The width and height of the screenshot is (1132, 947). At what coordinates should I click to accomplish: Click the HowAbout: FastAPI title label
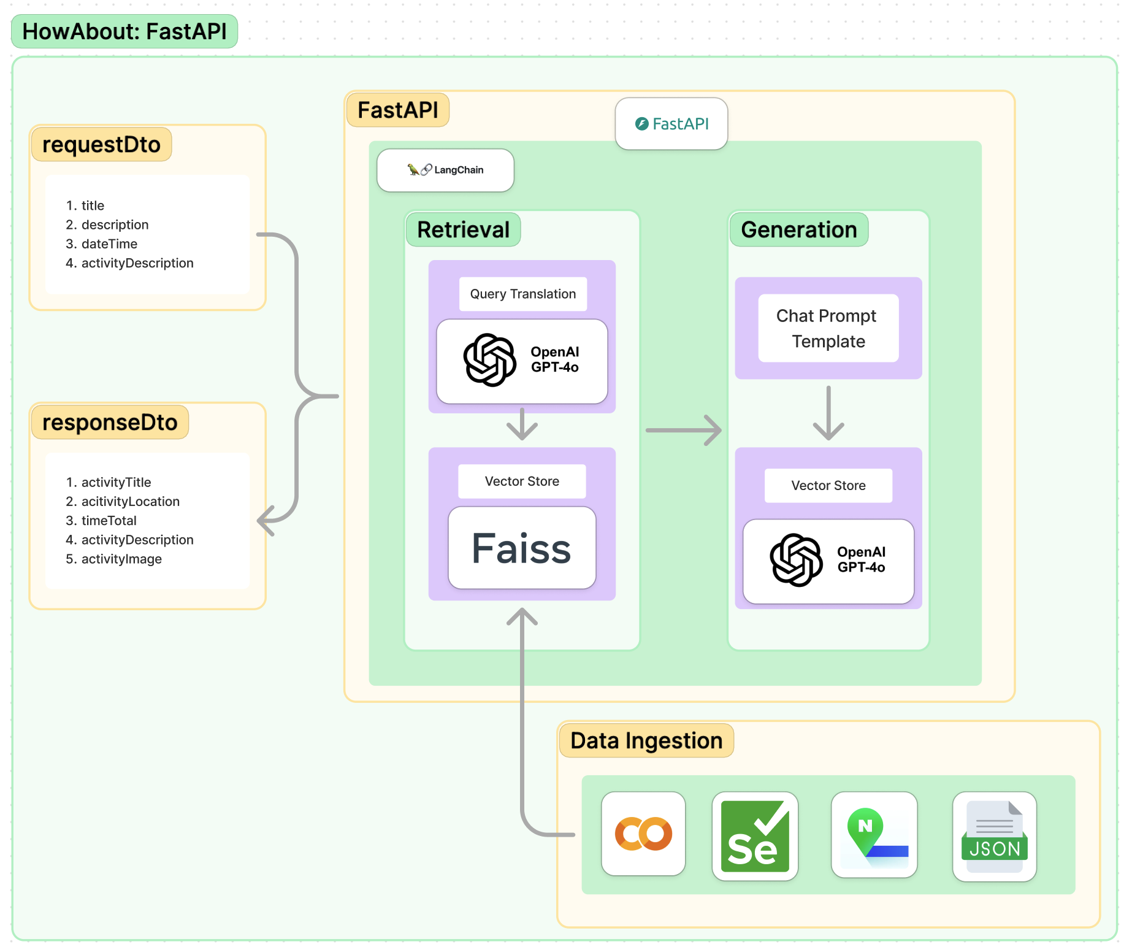pos(124,31)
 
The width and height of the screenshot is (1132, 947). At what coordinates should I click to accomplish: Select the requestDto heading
pos(102,144)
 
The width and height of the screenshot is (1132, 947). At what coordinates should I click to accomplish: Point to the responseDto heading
pos(110,422)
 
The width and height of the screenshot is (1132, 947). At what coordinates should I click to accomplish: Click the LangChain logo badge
pos(445,170)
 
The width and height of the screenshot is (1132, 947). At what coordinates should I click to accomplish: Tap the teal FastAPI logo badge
pos(671,123)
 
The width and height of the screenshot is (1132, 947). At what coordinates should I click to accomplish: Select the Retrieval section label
pos(464,229)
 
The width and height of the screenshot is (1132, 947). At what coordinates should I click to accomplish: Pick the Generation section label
pos(799,229)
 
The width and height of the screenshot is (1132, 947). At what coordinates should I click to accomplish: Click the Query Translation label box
pos(523,294)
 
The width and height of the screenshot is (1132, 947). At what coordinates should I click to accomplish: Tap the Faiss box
pos(522,548)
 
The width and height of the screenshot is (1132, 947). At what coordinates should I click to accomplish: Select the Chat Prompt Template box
pos(828,328)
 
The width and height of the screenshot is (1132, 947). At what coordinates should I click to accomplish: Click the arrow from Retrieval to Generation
pos(683,430)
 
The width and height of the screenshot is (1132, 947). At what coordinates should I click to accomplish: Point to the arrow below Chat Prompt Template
pos(828,413)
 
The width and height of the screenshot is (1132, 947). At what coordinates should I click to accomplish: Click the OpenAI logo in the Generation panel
pos(796,559)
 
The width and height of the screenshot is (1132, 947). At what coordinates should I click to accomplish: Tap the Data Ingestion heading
pos(646,740)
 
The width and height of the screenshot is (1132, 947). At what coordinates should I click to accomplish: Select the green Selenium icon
pos(755,836)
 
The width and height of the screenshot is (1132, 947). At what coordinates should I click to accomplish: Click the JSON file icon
pos(994,837)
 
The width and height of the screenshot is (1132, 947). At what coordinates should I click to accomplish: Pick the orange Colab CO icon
pos(643,834)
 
